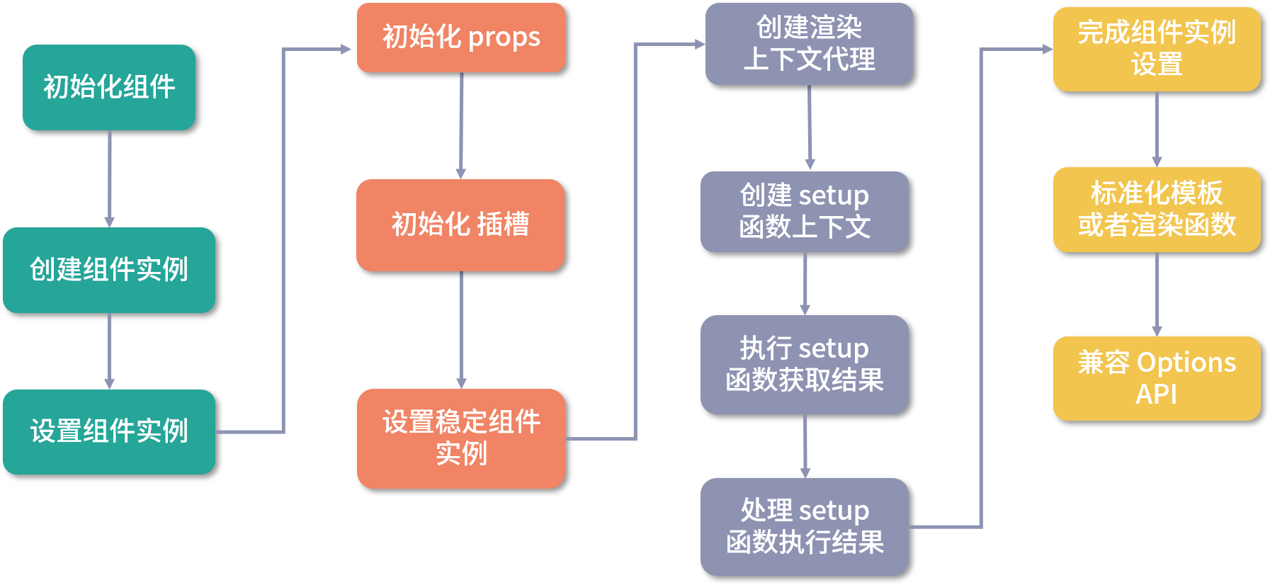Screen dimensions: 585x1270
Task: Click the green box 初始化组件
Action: (x=109, y=87)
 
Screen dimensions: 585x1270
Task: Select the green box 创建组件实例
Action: (x=109, y=270)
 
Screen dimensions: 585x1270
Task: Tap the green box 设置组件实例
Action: (x=109, y=431)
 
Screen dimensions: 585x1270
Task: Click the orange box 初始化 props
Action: (x=460, y=38)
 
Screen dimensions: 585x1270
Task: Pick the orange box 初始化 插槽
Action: (x=460, y=225)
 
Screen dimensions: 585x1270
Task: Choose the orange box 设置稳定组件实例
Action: (x=460, y=438)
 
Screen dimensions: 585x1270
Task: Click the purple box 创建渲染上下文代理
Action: (x=809, y=44)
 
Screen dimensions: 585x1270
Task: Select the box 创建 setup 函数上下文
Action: (x=805, y=211)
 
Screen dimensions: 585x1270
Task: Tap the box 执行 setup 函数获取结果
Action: (x=805, y=364)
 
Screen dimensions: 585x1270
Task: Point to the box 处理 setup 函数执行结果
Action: (x=805, y=526)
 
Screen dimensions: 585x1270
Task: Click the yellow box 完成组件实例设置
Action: (x=1157, y=49)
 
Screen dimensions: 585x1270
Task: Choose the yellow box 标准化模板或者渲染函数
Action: (x=1157, y=209)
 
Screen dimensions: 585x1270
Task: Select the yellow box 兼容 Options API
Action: (x=1157, y=378)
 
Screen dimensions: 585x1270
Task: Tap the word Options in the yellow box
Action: (x=1186, y=363)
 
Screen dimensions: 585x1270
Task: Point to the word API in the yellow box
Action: (x=1156, y=394)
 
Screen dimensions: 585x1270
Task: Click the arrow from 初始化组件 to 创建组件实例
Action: (x=109, y=178)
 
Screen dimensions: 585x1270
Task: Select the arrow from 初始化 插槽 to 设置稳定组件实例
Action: (x=461, y=330)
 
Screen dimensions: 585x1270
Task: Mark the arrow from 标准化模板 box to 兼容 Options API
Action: (x=1157, y=294)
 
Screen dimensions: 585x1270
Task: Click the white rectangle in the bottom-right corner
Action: (x=1157, y=534)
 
